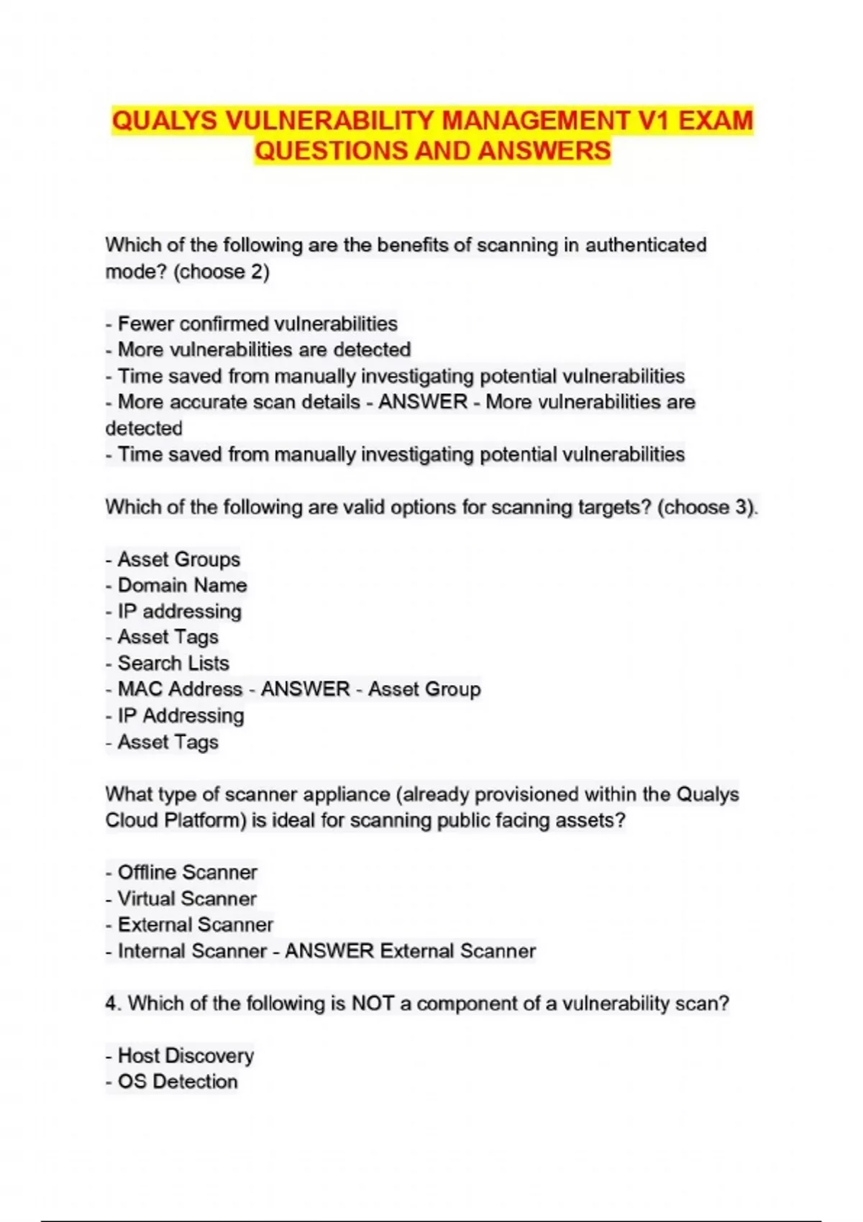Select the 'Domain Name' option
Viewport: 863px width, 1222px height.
click(182, 585)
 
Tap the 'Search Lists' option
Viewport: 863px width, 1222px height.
click(173, 663)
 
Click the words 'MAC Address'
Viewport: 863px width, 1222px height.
click(180, 689)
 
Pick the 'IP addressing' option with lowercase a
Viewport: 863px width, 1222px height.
click(179, 611)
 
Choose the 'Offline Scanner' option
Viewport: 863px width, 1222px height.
click(187, 872)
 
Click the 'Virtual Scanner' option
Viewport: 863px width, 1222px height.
click(187, 899)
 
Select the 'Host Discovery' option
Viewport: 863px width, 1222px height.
click(186, 1055)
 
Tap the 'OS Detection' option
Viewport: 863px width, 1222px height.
click(177, 1081)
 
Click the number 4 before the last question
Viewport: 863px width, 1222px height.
click(111, 1003)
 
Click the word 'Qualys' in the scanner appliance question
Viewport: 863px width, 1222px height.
click(708, 794)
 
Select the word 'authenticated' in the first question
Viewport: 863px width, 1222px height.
click(646, 245)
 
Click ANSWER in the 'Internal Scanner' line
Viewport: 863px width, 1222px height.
click(329, 951)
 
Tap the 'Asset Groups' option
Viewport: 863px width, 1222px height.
click(178, 559)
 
